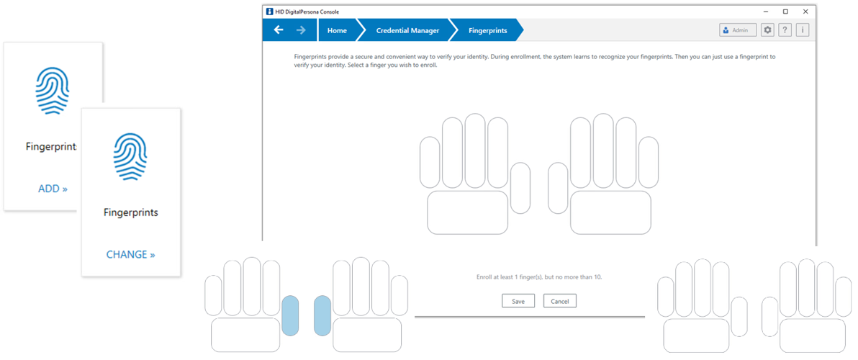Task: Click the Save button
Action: click(x=518, y=301)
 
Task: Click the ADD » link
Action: click(x=53, y=189)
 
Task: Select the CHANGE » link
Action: click(x=130, y=254)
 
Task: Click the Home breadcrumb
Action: click(x=337, y=30)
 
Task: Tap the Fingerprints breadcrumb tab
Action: click(x=487, y=30)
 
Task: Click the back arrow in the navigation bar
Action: click(x=279, y=30)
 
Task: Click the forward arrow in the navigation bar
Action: click(x=301, y=30)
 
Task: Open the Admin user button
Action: click(x=738, y=30)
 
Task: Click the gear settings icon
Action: click(x=767, y=30)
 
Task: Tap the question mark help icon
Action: click(x=785, y=30)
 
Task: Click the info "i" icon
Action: click(x=803, y=30)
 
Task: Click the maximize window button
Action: click(x=785, y=12)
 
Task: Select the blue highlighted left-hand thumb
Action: click(x=290, y=315)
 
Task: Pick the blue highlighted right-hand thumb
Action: click(x=322, y=315)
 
